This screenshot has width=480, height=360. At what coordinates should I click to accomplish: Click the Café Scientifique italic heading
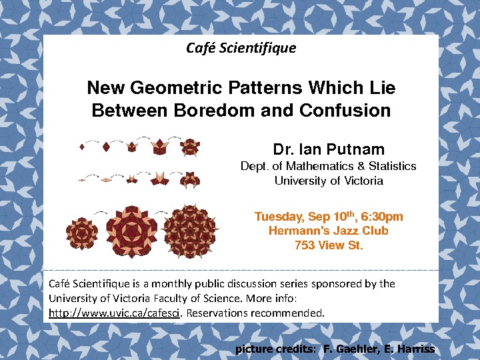(x=241, y=48)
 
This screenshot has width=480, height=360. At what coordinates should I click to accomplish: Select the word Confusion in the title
(x=345, y=110)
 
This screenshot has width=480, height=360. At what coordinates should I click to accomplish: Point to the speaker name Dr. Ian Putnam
(x=329, y=149)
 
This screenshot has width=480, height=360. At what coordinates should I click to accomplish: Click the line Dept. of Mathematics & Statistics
(x=329, y=166)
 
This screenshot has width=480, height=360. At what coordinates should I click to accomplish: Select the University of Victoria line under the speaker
(x=329, y=181)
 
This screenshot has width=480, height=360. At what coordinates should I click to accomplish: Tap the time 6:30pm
(x=382, y=217)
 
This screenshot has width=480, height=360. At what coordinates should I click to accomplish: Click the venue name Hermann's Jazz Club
(x=329, y=231)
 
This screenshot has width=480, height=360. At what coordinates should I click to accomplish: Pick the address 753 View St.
(x=329, y=245)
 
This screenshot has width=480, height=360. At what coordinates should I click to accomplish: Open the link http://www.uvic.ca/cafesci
(x=114, y=313)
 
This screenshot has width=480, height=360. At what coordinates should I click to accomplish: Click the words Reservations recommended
(x=255, y=313)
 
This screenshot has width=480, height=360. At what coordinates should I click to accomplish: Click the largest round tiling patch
(x=191, y=231)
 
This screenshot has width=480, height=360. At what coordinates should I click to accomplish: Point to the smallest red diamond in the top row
(x=82, y=147)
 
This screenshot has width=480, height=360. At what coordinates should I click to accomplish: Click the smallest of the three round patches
(x=82, y=233)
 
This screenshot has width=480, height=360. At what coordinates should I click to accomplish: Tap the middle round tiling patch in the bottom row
(x=131, y=231)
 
